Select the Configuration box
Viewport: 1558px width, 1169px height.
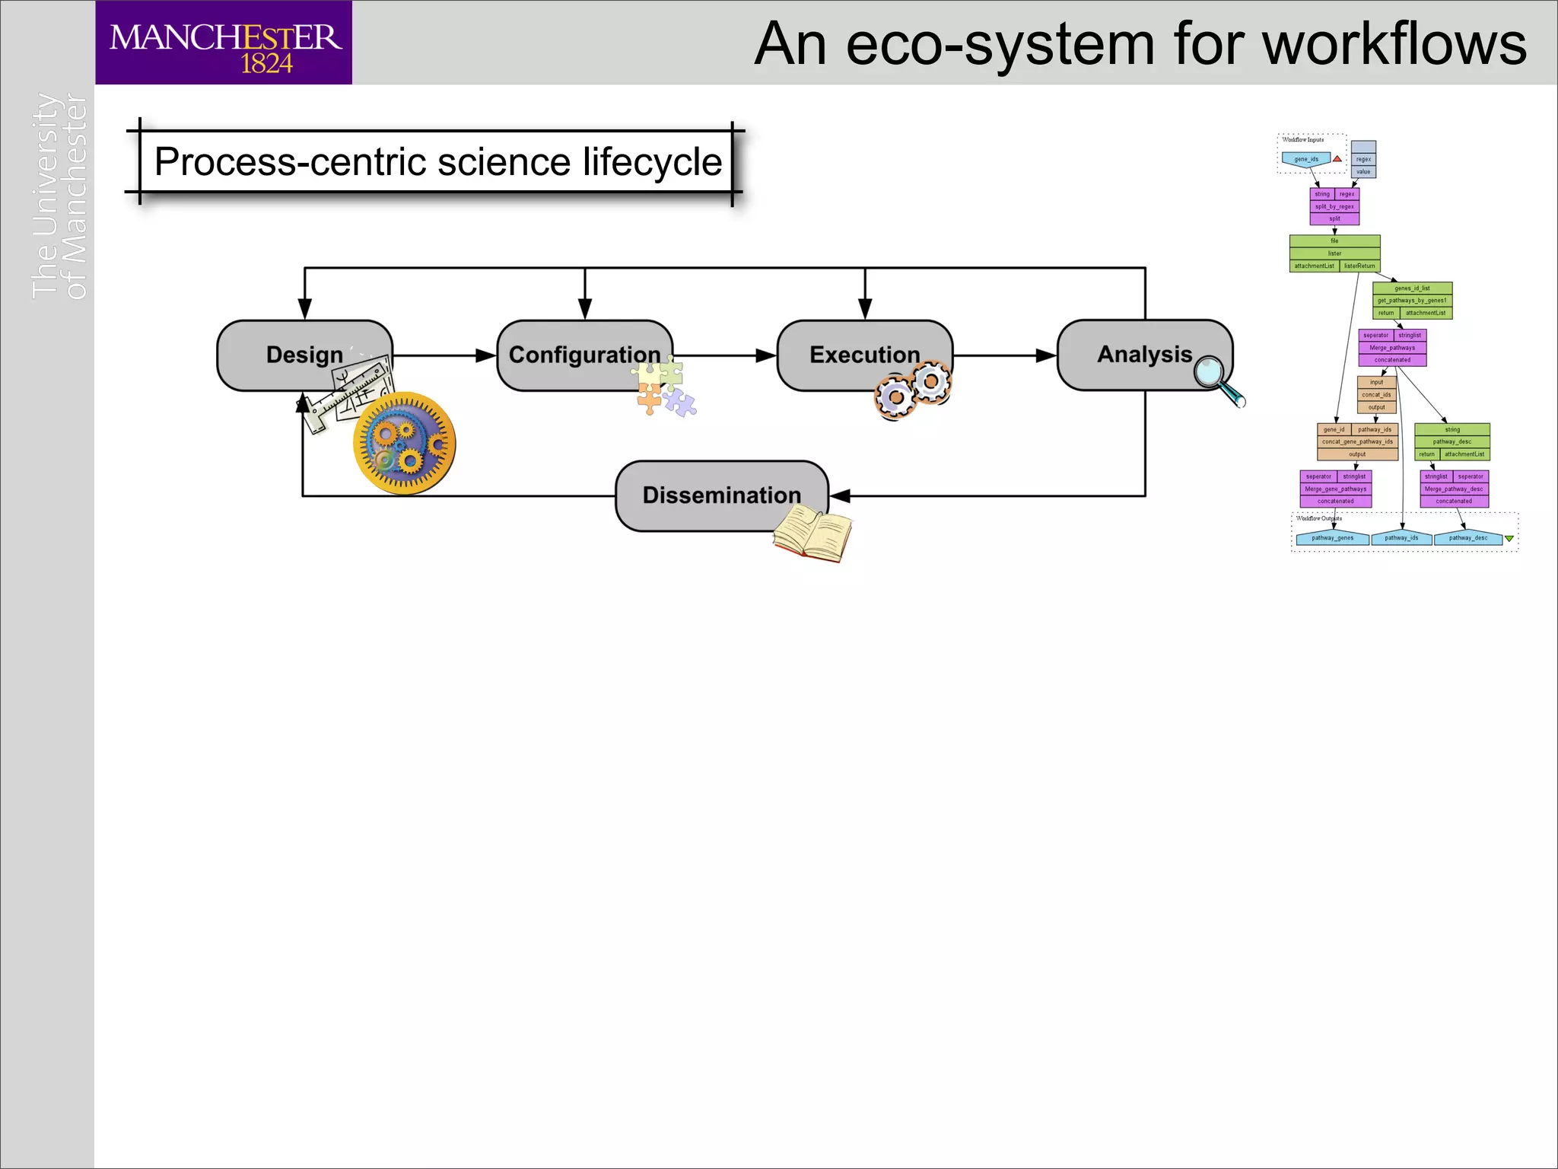click(583, 355)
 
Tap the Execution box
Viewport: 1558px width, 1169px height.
click(864, 355)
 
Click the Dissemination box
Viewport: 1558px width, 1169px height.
click(720, 495)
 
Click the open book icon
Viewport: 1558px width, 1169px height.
click(812, 534)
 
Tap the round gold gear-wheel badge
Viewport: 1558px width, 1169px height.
click(405, 443)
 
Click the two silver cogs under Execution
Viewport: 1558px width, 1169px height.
click(913, 389)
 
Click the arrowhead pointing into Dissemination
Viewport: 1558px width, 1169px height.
click(840, 496)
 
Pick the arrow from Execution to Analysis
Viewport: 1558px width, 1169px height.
click(1004, 355)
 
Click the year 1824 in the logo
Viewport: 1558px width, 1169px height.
click(266, 63)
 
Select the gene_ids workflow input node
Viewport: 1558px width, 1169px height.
click(1306, 159)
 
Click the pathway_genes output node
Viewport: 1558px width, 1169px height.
click(1332, 538)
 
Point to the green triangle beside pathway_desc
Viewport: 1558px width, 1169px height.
click(1509, 539)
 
